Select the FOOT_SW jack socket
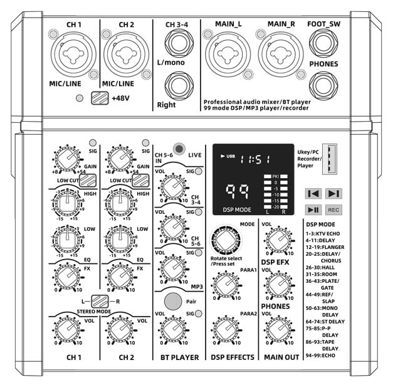(323, 45)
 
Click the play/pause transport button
(313, 209)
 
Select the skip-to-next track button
(333, 194)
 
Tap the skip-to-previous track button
(313, 194)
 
